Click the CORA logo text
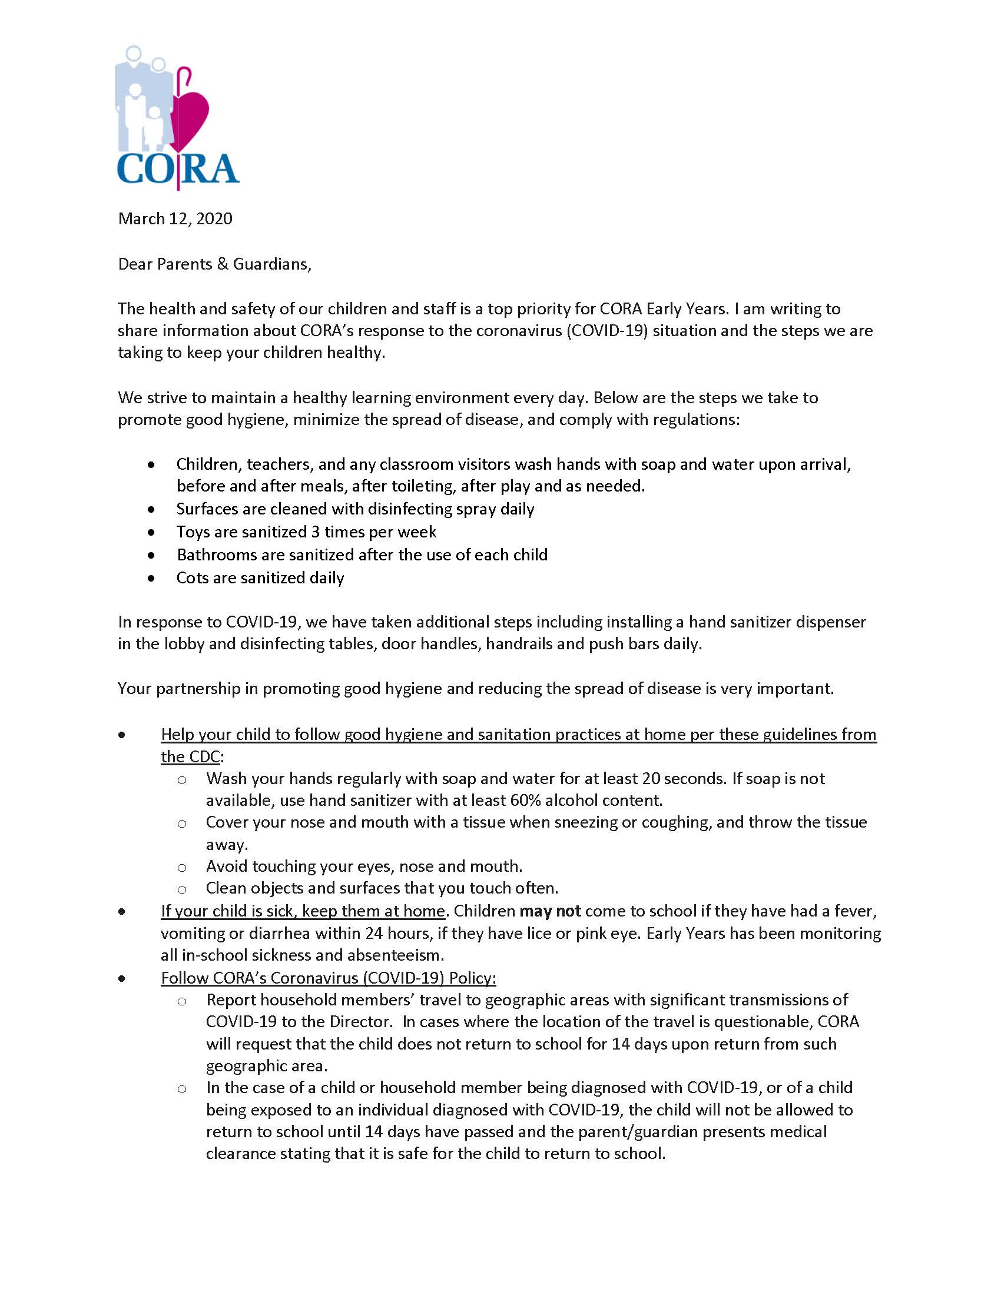[178, 170]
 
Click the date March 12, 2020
[175, 219]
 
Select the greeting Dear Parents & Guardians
[214, 264]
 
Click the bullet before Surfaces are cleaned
[152, 509]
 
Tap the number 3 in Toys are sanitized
[316, 532]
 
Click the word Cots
[191, 578]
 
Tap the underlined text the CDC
[190, 756]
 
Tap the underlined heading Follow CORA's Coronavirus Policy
[329, 978]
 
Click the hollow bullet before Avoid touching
[182, 868]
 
